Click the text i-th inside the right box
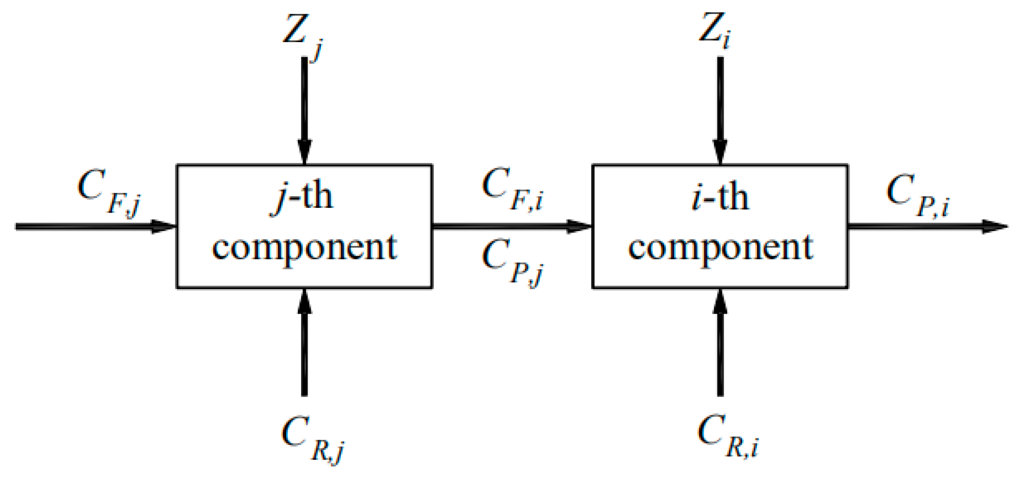click(720, 197)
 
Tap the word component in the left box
click(305, 248)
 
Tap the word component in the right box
click(720, 248)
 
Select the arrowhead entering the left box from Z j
click(305, 152)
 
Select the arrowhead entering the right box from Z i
click(720, 152)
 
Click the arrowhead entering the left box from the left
click(163, 226)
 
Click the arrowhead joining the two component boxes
click(579, 226)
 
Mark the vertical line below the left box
click(305, 358)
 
